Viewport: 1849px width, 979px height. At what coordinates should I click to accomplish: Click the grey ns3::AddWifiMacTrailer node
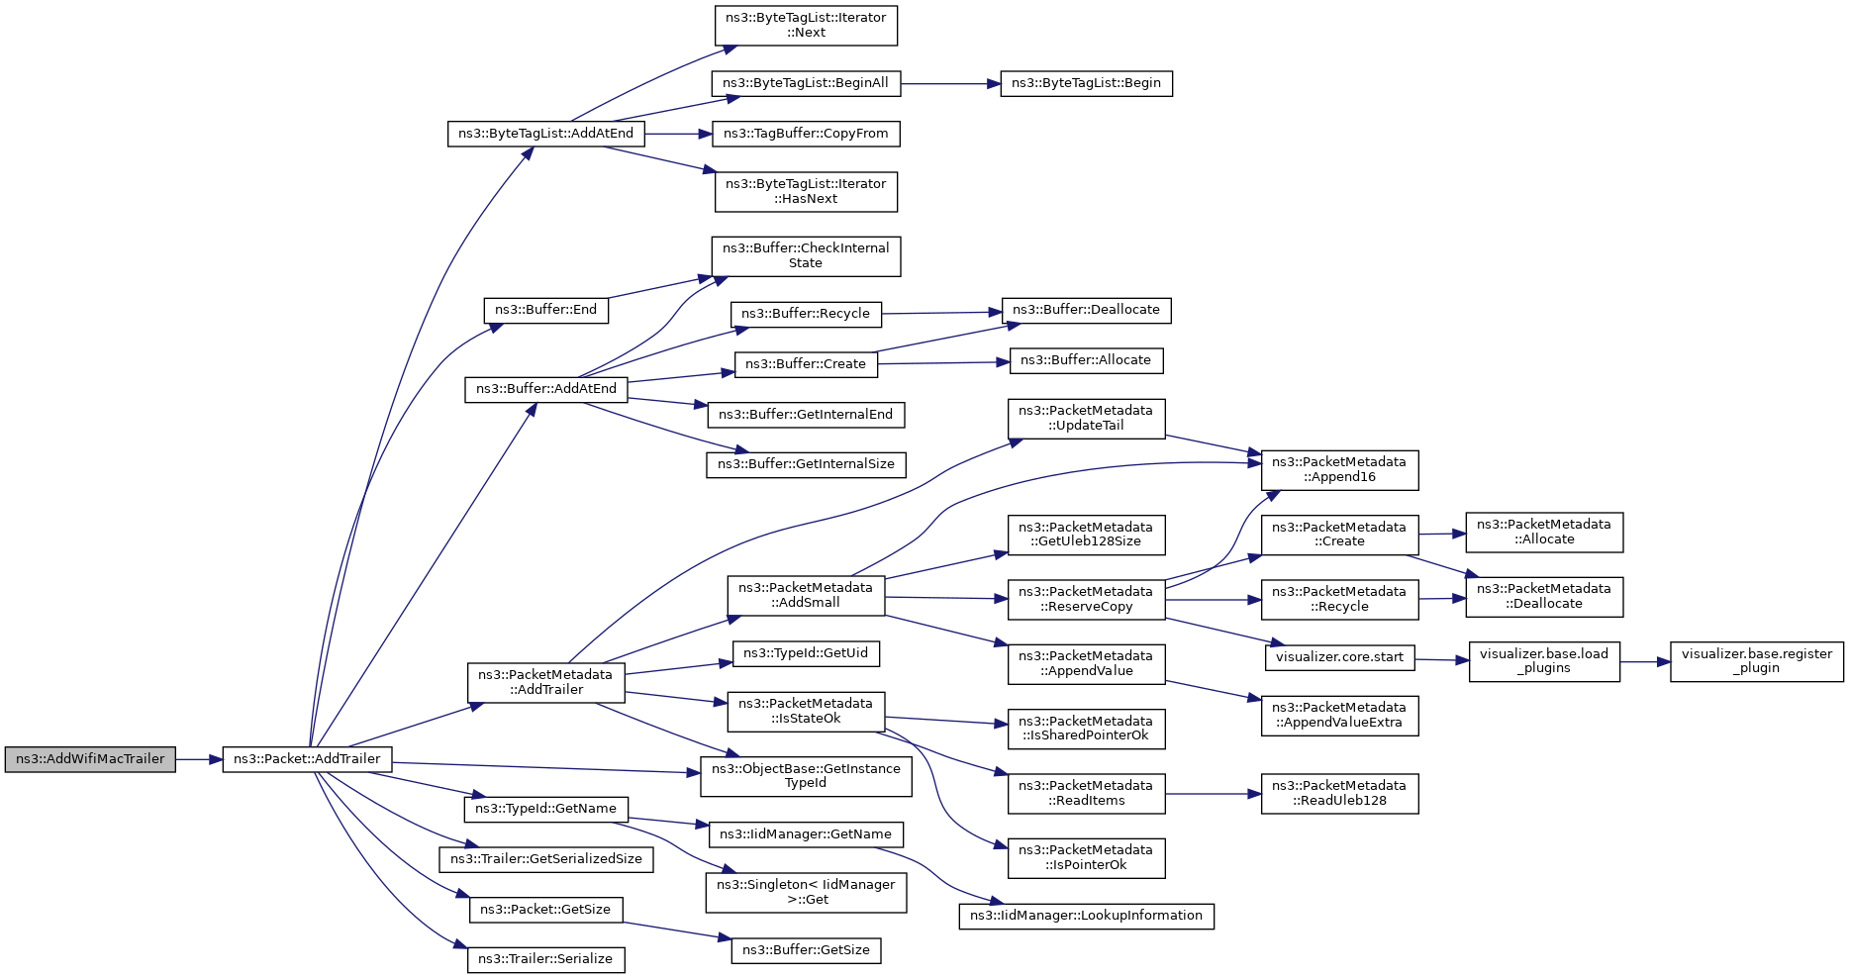(x=90, y=759)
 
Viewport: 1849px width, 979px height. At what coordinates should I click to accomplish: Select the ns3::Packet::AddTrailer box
(x=307, y=759)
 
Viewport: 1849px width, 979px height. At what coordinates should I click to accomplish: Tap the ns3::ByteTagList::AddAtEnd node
(x=545, y=134)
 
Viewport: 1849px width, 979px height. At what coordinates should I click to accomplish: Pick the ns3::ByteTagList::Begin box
(x=1086, y=83)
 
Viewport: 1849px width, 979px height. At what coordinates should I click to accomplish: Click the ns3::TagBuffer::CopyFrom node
(x=806, y=134)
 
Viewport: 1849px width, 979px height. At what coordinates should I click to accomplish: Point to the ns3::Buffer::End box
(x=545, y=310)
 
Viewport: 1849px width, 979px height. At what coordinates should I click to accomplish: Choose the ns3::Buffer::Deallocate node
(x=1086, y=310)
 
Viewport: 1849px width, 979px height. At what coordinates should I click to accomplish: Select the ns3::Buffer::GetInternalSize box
(x=806, y=464)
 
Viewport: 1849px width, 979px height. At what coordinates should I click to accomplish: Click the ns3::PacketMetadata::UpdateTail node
(x=1086, y=419)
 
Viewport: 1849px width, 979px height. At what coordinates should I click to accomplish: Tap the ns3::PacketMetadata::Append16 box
(x=1339, y=470)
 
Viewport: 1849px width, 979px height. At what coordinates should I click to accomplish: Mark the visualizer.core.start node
(x=1339, y=657)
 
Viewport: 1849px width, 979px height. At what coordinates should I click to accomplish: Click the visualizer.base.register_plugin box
(x=1757, y=661)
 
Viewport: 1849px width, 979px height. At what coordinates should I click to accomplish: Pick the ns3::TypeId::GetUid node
(x=806, y=653)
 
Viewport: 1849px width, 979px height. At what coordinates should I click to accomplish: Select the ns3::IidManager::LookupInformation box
(x=1086, y=916)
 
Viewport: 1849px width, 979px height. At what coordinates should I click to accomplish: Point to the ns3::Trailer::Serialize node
(x=545, y=959)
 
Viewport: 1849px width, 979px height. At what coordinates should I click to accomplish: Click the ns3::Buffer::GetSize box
(x=806, y=950)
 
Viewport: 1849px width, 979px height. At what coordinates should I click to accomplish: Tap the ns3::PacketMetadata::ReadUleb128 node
(x=1339, y=794)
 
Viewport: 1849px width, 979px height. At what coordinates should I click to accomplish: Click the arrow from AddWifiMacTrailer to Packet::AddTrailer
(x=199, y=759)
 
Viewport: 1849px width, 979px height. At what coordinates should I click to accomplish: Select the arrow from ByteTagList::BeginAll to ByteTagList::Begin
(x=951, y=83)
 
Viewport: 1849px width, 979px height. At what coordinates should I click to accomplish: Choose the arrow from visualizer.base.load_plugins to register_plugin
(x=1645, y=661)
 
